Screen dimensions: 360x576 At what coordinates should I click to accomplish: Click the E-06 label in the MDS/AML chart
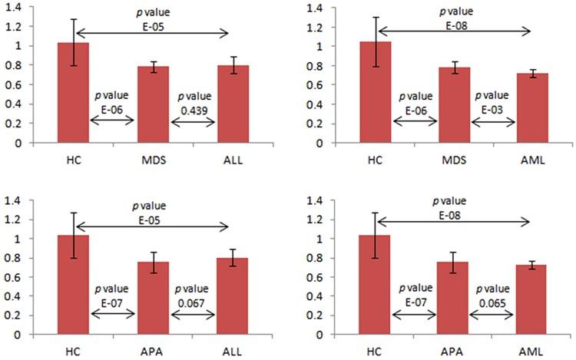tap(415, 109)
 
